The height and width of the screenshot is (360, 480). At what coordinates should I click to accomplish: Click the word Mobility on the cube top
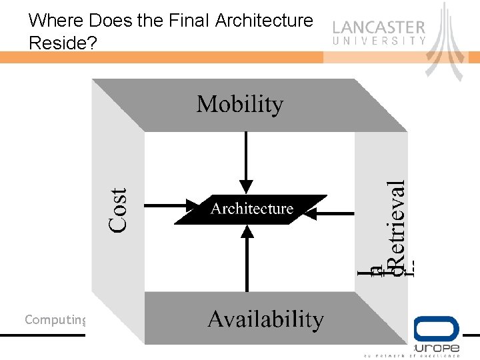point(239,105)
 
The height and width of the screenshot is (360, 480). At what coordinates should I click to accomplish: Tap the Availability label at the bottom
point(265,319)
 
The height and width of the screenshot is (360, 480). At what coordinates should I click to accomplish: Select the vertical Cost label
point(119,209)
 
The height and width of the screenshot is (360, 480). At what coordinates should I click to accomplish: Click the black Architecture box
point(251,209)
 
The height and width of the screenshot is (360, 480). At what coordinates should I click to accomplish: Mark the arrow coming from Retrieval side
point(333,213)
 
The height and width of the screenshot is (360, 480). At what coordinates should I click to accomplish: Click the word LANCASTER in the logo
point(379,28)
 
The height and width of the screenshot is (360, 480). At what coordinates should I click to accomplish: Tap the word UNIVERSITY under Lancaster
point(379,41)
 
